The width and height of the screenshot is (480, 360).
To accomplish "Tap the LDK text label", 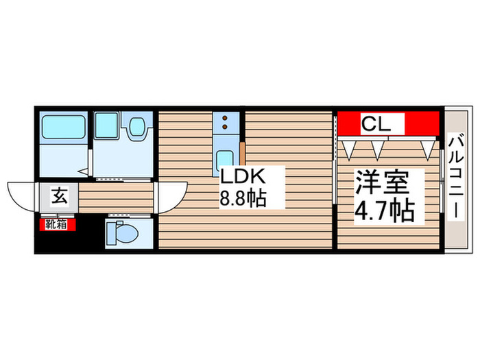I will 241,176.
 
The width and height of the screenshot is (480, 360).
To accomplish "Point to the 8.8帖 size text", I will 242,200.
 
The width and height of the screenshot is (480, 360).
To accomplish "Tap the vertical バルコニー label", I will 455,176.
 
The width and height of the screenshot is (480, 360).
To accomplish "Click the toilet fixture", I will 121,233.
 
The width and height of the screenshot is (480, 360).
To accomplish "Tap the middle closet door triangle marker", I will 376,147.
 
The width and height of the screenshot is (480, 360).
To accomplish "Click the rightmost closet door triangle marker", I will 429,147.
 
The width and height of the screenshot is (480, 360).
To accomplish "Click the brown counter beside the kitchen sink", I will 241,154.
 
